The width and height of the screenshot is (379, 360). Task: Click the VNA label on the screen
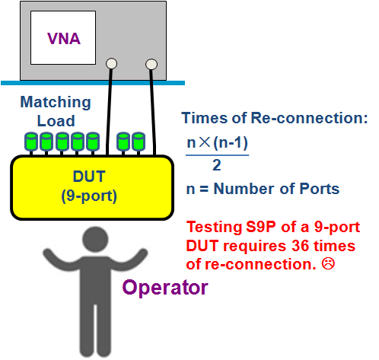[x=64, y=39]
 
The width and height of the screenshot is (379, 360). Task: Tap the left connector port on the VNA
[x=111, y=63]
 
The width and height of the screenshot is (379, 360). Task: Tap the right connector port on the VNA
[x=151, y=64]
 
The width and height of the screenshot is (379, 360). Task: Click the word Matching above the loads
[x=56, y=103]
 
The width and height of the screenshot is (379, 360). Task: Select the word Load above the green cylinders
[x=56, y=121]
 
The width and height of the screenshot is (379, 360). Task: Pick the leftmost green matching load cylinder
[x=31, y=141]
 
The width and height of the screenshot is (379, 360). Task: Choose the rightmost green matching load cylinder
[x=139, y=141]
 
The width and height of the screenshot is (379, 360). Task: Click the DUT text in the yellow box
[x=89, y=177]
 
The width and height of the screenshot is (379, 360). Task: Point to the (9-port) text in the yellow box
[x=89, y=196]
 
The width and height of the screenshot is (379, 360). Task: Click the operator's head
[x=95, y=240]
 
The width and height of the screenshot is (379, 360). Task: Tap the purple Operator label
[x=165, y=288]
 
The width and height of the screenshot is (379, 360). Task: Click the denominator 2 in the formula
[x=217, y=165]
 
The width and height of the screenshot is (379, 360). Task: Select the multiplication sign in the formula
[x=205, y=142]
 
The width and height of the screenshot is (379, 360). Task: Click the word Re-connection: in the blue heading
[x=309, y=118]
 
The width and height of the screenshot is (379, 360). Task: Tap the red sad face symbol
[x=328, y=264]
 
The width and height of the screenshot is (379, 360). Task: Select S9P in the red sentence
[x=261, y=227]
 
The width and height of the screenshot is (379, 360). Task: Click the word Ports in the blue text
[x=320, y=189]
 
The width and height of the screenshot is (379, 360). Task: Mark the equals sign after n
[x=204, y=190]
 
